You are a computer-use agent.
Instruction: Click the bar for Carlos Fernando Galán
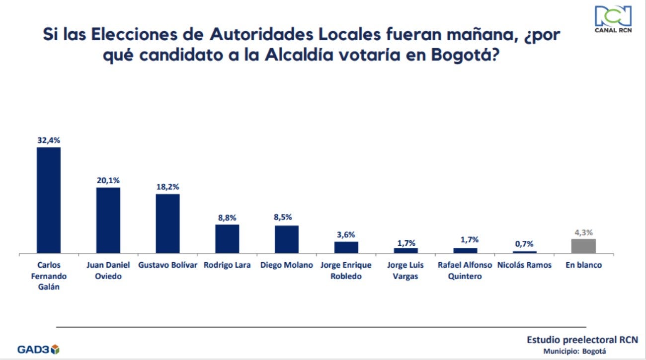[48, 200]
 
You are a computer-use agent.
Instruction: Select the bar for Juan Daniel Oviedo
[108, 220]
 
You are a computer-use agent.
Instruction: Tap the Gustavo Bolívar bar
[167, 223]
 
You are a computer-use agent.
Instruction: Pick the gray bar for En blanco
[583, 246]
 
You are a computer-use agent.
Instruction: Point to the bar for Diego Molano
[287, 239]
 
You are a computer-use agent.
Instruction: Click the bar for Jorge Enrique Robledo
[346, 247]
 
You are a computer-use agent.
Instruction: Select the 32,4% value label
[48, 140]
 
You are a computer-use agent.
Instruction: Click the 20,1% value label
[108, 181]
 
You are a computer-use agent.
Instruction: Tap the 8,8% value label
[227, 217]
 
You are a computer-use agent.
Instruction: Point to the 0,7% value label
[524, 244]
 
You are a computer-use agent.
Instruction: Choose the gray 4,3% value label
[583, 232]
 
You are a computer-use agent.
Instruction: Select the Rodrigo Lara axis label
[227, 265]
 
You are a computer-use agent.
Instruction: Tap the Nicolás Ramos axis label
[524, 265]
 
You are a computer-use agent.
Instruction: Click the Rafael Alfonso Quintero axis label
[465, 271]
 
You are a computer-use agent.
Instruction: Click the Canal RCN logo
[613, 20]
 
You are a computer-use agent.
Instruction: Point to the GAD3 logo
[38, 349]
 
